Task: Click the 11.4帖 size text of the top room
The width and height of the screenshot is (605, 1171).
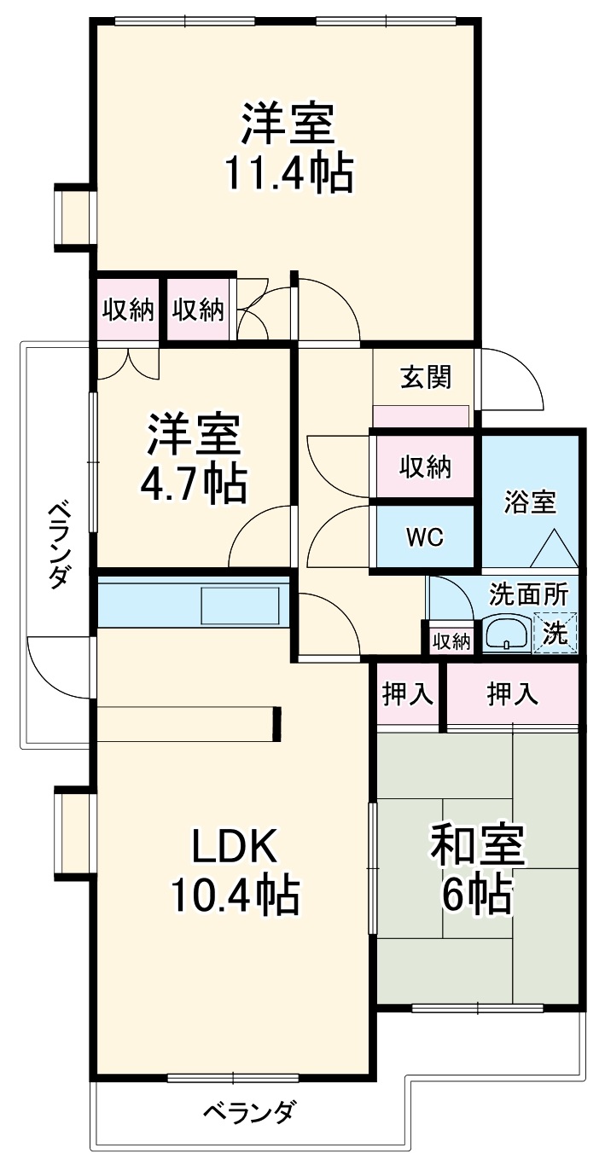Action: coord(288,174)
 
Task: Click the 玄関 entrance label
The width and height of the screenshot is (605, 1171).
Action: coord(425,376)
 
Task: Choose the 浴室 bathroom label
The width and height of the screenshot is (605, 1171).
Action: coord(529,502)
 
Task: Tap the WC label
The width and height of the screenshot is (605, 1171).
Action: coord(424,538)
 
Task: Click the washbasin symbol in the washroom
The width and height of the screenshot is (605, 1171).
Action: coord(507,634)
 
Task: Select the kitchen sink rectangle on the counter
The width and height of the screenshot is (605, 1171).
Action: coord(240,605)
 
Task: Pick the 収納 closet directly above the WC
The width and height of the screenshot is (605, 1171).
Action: coord(425,467)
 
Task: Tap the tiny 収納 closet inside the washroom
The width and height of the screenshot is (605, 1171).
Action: coord(450,641)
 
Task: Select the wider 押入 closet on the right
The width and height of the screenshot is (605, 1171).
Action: coord(512,694)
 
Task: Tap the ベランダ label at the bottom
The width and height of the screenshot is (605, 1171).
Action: coord(249,1112)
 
